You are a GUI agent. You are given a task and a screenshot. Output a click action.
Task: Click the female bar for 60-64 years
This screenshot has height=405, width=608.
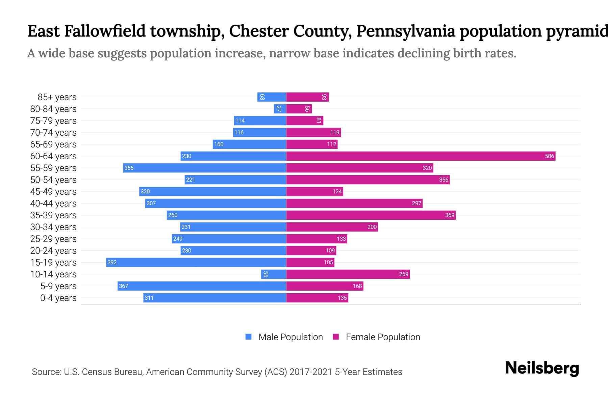click(421, 156)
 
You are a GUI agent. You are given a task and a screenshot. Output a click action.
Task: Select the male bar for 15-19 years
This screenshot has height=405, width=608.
click(196, 262)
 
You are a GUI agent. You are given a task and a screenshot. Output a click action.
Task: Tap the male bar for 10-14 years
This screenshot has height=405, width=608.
click(274, 274)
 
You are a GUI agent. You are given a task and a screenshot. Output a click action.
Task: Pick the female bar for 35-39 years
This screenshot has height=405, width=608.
click(371, 215)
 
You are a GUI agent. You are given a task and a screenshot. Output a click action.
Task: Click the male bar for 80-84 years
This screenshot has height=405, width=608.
click(280, 109)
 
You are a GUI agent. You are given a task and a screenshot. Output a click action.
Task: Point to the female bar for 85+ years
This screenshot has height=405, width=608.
click(307, 97)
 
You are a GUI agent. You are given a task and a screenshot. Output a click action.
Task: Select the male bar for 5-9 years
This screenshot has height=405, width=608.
click(202, 286)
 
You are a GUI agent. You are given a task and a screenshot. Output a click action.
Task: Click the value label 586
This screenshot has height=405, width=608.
click(549, 156)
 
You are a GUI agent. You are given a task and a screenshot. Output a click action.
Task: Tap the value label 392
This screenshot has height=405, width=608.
click(112, 262)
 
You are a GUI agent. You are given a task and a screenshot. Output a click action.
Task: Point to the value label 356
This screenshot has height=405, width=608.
click(444, 180)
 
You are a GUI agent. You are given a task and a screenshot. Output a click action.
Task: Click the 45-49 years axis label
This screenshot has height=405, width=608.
click(53, 191)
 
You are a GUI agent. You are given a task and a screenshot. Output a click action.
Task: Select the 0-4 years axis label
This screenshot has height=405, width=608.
click(58, 298)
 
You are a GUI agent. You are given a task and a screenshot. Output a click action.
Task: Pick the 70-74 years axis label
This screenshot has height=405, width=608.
click(53, 132)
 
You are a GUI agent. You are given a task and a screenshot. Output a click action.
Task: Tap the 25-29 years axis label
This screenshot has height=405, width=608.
click(53, 239)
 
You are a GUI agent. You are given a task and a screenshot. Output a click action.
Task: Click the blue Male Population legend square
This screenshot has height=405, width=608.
click(249, 337)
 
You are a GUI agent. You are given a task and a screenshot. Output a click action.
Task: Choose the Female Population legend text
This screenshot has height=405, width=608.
click(383, 337)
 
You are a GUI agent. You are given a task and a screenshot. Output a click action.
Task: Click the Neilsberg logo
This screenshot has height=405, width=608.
click(542, 368)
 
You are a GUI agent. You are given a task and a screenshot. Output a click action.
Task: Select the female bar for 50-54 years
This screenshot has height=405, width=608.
click(368, 180)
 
